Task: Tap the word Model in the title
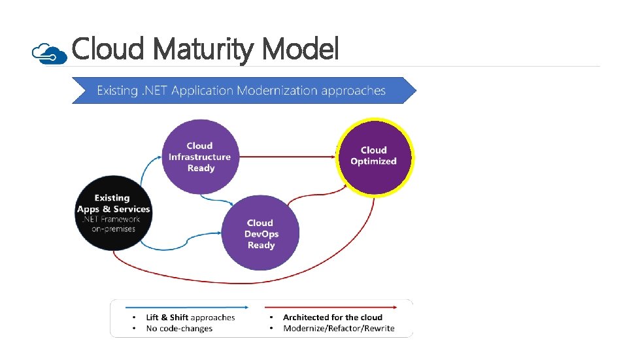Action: (x=300, y=48)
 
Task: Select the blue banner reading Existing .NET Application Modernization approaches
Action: (x=242, y=90)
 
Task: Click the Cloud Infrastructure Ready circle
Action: (x=199, y=157)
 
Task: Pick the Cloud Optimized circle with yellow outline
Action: (x=374, y=156)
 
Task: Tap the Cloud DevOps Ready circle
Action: (x=260, y=233)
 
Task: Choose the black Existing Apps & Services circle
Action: (x=113, y=212)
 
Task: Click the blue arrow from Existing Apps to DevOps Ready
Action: (x=183, y=248)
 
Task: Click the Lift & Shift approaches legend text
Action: (x=190, y=318)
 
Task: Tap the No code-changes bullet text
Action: (x=179, y=329)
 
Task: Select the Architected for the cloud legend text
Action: (x=332, y=318)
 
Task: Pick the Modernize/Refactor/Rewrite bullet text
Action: (x=339, y=329)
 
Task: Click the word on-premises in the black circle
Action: (x=113, y=229)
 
